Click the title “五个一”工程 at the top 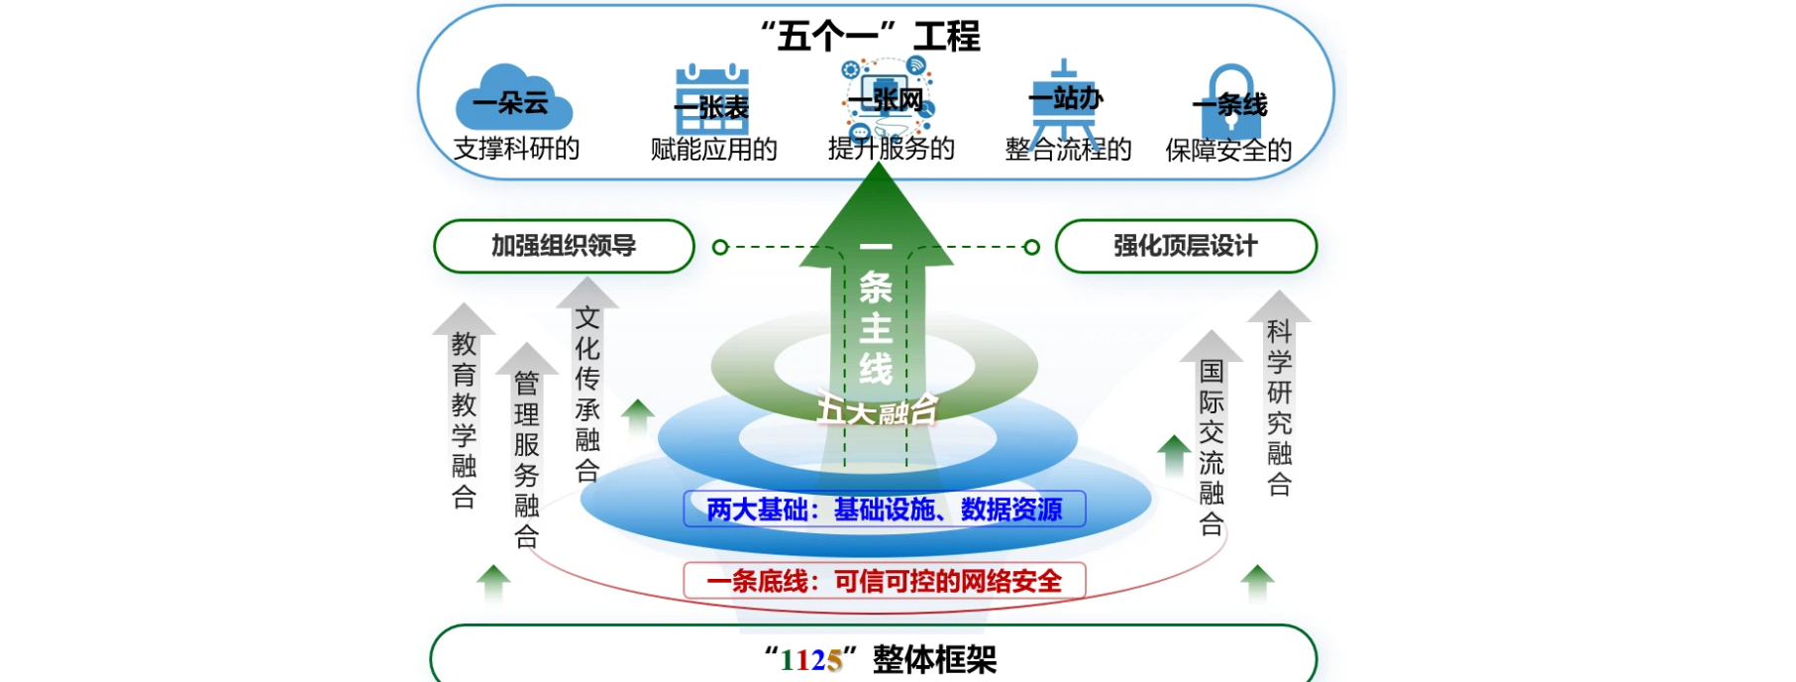coord(870,37)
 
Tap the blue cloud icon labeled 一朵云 coord(513,99)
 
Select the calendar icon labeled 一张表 coord(711,101)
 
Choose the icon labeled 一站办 coord(1065,99)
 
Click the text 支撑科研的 coord(516,149)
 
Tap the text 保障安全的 coord(1228,150)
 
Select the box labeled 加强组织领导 coord(564,246)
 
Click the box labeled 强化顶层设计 coord(1186,246)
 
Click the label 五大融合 coord(877,409)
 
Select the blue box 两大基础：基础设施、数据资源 coord(884,510)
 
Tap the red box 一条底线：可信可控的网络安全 coord(884,581)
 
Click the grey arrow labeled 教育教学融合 coord(464,416)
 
